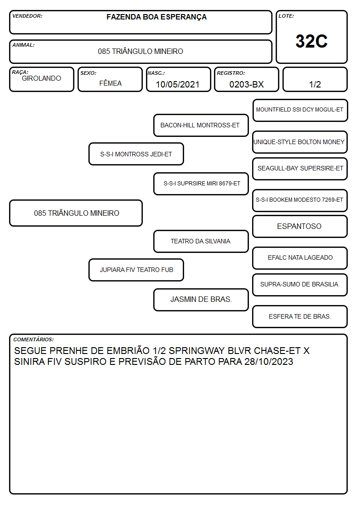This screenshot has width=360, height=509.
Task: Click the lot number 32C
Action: click(311, 41)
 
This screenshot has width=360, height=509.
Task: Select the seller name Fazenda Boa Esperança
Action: click(156, 17)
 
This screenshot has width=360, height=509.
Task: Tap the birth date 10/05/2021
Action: click(178, 84)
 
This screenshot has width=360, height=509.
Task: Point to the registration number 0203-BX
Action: click(246, 84)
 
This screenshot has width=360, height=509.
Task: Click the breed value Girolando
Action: click(41, 78)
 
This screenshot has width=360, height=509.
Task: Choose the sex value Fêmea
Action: click(110, 83)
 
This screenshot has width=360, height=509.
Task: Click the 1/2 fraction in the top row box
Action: click(315, 84)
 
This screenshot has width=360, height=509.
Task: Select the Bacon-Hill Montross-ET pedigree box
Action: click(201, 125)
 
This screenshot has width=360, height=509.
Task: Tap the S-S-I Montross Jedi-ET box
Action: click(136, 154)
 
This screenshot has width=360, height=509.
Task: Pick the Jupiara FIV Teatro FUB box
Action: click(136, 270)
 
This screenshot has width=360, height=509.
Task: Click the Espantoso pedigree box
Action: click(300, 226)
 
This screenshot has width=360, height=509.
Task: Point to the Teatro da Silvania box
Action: click(201, 241)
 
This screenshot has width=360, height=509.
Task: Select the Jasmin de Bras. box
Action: click(201, 300)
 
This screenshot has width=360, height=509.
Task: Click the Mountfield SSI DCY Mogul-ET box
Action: click(300, 110)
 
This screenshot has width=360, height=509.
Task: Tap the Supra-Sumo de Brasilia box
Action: click(300, 285)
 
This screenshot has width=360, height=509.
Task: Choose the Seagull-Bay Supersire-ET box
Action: click(300, 169)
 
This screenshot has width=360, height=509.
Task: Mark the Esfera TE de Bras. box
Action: click(300, 316)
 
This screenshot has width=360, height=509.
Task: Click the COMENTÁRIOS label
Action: click(34, 339)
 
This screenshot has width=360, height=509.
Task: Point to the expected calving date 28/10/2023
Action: click(269, 362)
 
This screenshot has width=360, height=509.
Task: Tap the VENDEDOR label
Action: click(27, 16)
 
